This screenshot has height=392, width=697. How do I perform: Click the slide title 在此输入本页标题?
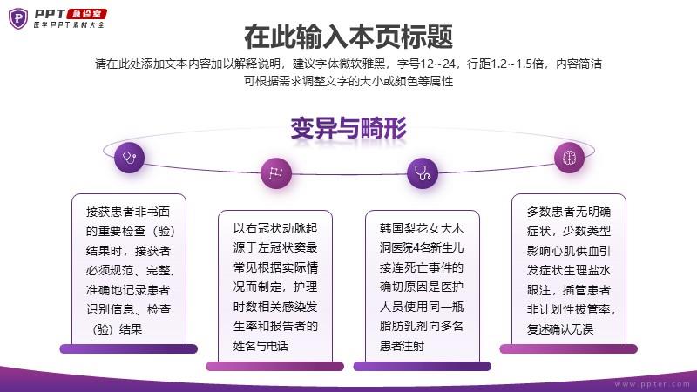pos(348,37)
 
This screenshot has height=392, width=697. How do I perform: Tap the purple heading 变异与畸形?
pos(348,129)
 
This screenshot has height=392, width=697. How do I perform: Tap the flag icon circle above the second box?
pos(275,172)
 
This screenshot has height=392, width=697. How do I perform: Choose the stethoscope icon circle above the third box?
pos(422,172)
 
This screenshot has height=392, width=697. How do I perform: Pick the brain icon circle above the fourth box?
pos(568,157)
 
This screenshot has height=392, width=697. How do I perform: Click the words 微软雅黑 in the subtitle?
pos(362,64)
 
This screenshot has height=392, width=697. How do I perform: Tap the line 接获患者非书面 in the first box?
pos(128,212)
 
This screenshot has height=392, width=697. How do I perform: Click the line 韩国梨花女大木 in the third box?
pos(422,228)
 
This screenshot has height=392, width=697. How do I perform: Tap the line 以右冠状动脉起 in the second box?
pos(275,228)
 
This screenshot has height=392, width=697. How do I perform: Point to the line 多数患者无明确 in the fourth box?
pos(568,212)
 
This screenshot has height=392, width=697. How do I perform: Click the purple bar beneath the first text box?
pos(128,348)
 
